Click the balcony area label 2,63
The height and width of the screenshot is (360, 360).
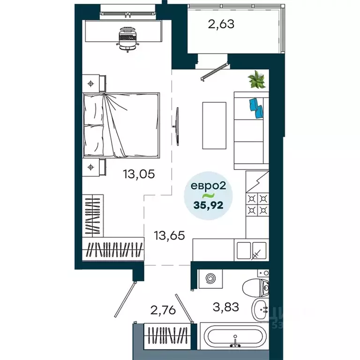[x=221, y=23]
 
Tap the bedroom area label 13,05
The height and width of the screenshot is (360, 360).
[x=139, y=174]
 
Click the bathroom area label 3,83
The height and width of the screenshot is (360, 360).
[x=226, y=307]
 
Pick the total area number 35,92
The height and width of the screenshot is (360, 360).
[x=210, y=204]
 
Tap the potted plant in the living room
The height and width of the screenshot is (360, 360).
[x=257, y=80]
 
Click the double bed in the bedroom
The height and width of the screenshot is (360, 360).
[x=121, y=125]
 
